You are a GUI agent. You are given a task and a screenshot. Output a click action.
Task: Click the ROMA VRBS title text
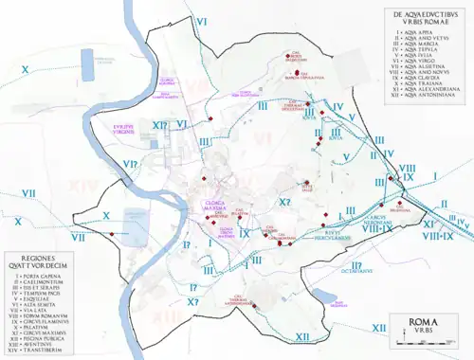tap(419, 327)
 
